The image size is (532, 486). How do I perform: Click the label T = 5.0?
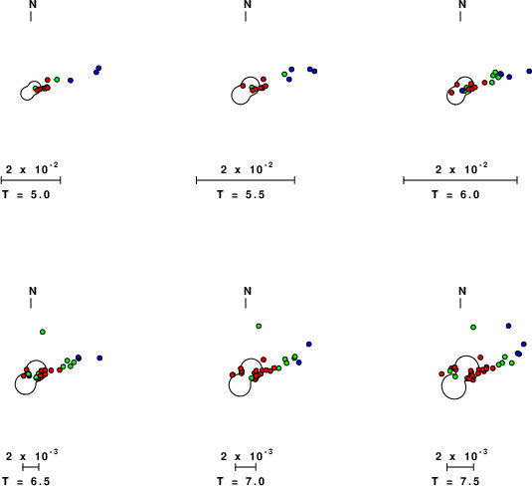coord(26,195)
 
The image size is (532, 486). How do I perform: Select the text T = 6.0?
coord(455,195)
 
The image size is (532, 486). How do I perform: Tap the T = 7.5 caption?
coord(455,481)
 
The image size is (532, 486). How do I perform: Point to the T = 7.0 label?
coord(241,481)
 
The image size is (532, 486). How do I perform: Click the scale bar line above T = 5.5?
coord(246,180)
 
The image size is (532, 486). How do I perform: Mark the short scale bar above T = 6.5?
coord(31,467)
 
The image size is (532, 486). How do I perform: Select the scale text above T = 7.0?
coord(247,455)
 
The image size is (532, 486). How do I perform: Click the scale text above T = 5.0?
coord(32,168)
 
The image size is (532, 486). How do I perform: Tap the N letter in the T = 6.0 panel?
coord(462,4)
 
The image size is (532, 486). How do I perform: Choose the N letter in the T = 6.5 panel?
coord(33,291)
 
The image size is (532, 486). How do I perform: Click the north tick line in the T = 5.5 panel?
coord(246,16)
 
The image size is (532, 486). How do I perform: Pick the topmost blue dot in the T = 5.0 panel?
coord(98,68)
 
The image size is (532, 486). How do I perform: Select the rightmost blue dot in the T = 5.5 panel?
coord(314,71)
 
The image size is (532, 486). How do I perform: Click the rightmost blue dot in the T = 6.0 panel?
coord(529,71)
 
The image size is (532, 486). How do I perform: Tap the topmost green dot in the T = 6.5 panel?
coord(43,332)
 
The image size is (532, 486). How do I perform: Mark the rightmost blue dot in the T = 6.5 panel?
coord(99,358)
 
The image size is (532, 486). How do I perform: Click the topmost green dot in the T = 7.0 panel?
coord(259,326)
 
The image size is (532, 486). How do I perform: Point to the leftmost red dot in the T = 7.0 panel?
coord(232,374)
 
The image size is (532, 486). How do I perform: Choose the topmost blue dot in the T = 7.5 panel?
coord(508,326)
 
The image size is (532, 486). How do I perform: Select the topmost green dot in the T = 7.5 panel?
coord(473,327)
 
